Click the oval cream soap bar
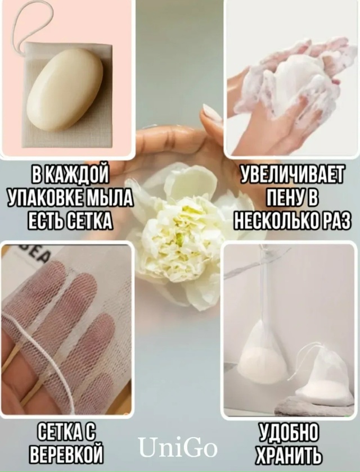coord(65,90)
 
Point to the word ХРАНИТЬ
coord(289,453)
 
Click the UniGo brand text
coord(178,448)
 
